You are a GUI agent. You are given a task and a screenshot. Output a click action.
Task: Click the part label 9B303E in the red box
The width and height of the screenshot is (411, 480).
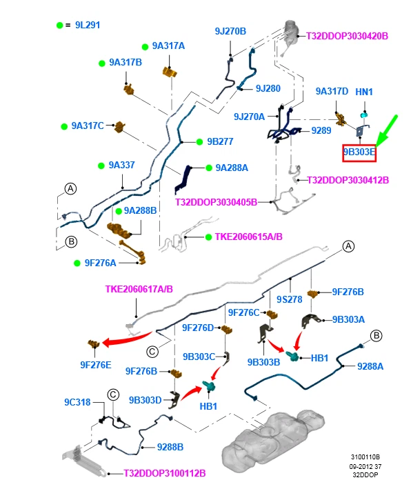[x=359, y=152]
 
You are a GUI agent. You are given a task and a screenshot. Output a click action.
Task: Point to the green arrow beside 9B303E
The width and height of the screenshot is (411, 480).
[x=387, y=131]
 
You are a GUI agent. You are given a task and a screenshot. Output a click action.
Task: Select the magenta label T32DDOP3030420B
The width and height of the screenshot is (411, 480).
[x=347, y=36]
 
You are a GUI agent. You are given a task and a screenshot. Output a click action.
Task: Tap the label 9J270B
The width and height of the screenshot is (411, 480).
[x=230, y=31]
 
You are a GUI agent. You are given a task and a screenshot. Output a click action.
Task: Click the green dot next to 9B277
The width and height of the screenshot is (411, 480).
[x=199, y=142]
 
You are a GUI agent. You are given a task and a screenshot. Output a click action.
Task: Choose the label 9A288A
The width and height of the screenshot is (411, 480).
[x=232, y=168]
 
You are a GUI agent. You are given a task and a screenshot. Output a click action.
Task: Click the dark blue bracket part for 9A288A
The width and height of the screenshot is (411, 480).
[x=183, y=179]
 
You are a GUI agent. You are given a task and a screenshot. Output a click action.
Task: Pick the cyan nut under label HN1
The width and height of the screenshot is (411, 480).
[x=363, y=115]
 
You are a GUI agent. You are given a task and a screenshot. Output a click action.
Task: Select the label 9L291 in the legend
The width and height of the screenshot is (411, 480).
[x=88, y=25]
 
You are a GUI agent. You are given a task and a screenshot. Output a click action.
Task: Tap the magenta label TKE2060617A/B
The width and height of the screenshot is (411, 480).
[x=139, y=289]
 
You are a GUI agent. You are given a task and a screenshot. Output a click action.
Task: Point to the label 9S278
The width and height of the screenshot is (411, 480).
[x=289, y=299]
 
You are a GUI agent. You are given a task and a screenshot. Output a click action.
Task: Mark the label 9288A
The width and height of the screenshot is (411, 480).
[x=370, y=366]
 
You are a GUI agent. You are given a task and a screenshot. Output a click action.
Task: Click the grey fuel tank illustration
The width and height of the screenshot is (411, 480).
[x=272, y=437]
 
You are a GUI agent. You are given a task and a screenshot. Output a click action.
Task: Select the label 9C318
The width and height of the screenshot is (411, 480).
[x=77, y=402]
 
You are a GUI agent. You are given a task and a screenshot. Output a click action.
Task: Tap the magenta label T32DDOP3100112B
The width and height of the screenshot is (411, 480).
[x=164, y=473]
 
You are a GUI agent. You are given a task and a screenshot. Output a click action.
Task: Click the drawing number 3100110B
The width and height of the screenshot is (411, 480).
[x=365, y=457]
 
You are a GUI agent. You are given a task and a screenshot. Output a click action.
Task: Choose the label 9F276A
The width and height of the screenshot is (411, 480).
[x=101, y=263]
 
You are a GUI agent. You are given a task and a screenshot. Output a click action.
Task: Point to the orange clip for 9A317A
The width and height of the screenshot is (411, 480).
[x=170, y=72]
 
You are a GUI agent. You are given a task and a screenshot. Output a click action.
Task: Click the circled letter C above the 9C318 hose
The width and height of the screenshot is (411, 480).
[x=113, y=394]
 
